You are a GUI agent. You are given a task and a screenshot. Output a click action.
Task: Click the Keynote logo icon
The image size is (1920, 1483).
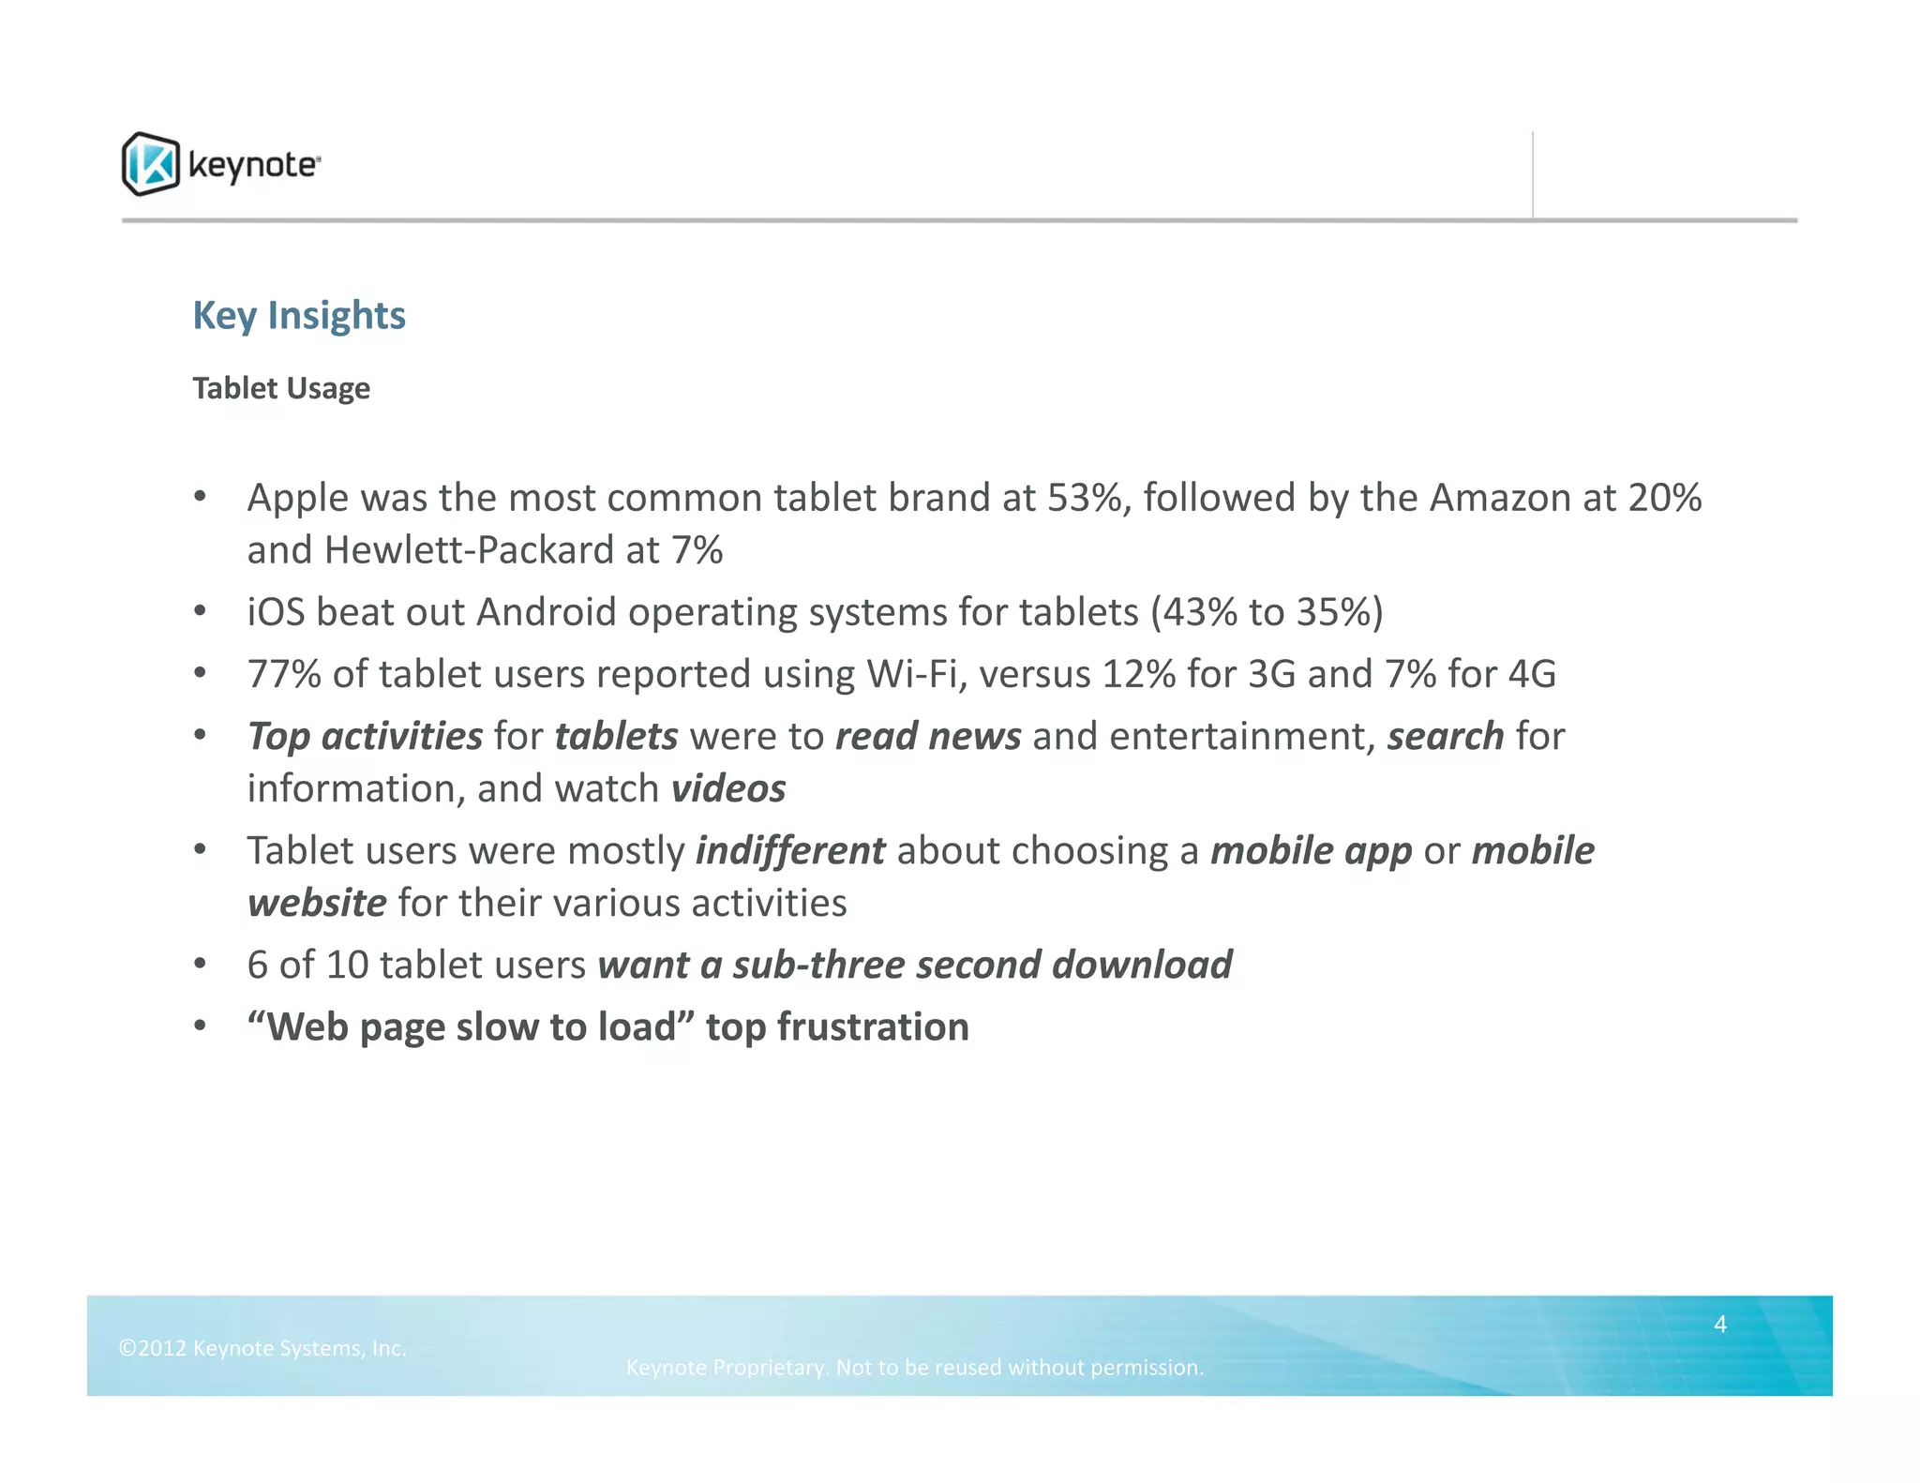click(150, 164)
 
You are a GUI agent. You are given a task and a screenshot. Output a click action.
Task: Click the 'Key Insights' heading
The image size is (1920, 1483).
click(299, 316)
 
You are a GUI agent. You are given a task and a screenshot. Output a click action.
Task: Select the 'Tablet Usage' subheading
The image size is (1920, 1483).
click(281, 388)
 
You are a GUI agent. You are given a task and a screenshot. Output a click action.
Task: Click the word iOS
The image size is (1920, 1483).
click(277, 612)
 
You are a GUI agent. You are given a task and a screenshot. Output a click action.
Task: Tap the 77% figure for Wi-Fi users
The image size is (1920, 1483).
click(284, 674)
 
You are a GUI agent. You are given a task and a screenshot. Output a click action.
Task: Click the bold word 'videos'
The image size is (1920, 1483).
click(728, 788)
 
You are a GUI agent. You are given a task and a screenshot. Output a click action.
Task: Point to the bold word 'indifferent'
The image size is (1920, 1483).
click(790, 850)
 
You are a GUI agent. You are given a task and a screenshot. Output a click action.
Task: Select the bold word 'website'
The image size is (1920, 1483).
click(317, 903)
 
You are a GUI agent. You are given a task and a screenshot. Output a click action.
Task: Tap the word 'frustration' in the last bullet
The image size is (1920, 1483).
click(873, 1026)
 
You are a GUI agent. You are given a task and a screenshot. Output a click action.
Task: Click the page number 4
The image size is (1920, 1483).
click(1720, 1324)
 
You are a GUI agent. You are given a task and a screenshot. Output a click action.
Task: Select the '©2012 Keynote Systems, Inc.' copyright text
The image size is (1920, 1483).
click(262, 1348)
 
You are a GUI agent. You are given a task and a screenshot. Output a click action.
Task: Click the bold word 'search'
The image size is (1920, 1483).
click(1446, 736)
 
